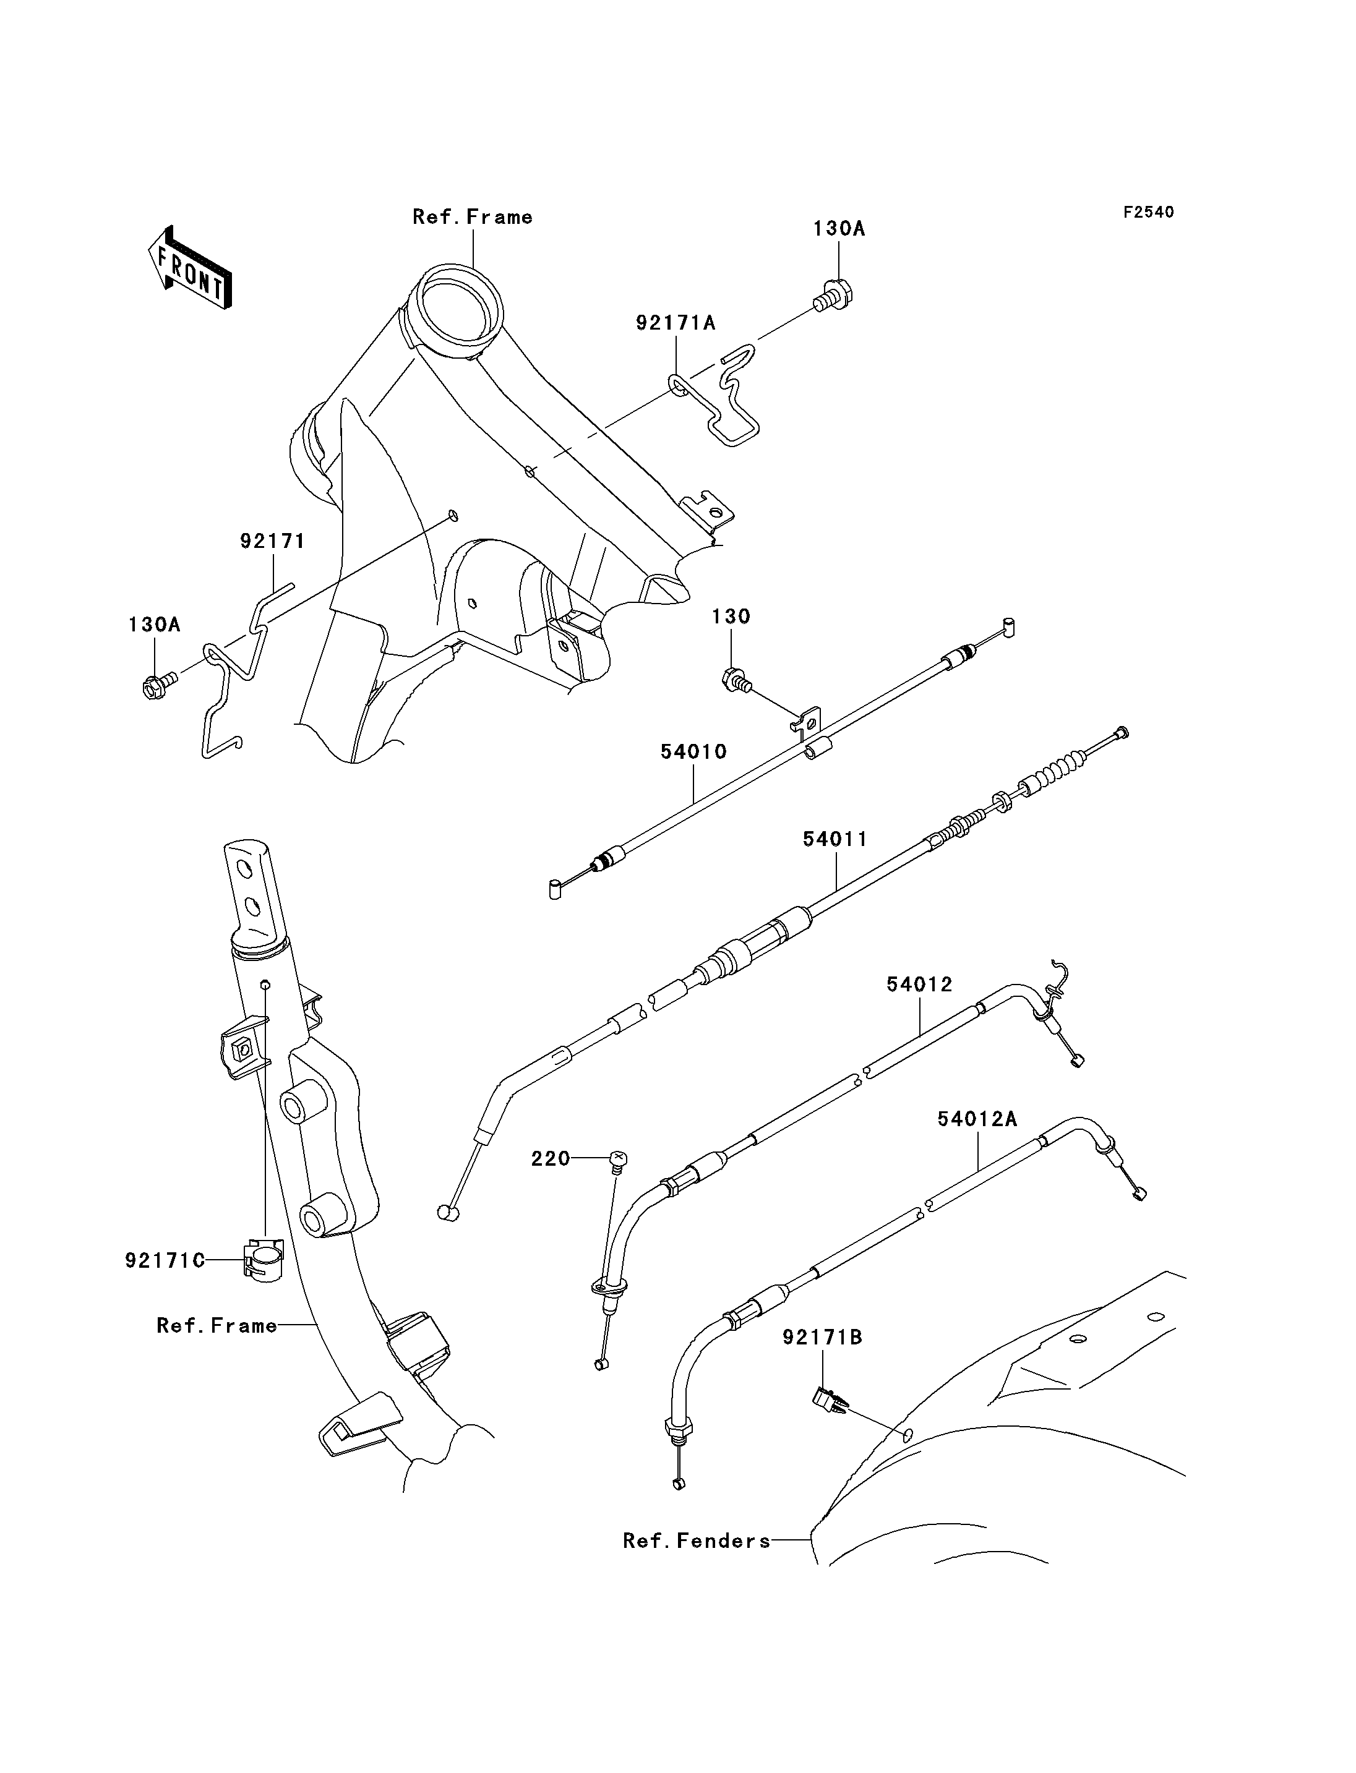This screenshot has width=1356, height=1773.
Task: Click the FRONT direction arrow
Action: point(190,267)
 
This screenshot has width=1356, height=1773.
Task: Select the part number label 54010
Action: point(693,751)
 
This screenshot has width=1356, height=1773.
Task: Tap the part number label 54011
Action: point(835,839)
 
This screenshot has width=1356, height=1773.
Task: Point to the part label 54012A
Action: point(977,1119)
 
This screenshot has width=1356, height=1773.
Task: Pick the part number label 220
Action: point(551,1159)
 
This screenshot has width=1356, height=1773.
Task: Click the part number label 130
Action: point(731,617)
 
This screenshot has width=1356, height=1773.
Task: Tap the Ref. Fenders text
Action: point(697,1540)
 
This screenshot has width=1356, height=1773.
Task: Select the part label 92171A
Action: point(676,323)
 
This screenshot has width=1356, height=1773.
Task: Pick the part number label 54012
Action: point(919,984)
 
